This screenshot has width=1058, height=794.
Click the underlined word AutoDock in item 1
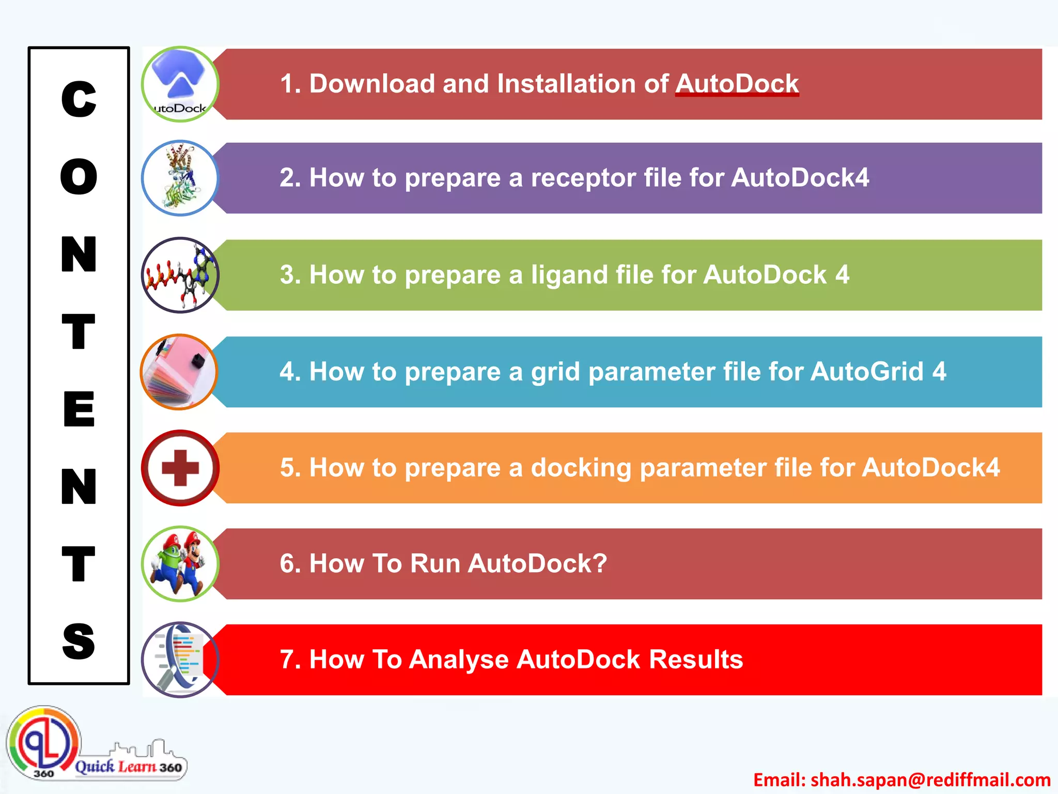[737, 84]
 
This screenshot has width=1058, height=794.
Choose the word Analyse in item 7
[459, 660]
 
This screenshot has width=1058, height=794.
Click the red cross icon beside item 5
[180, 468]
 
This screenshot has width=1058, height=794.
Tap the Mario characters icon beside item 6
[180, 563]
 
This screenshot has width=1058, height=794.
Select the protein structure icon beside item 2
[180, 178]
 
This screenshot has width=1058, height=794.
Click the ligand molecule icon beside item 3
[180, 275]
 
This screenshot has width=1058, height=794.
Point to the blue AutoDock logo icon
[180, 84]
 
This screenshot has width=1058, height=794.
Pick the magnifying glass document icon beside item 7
[180, 660]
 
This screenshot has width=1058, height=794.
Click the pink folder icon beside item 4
[179, 372]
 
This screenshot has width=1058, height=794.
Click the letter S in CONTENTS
[79, 641]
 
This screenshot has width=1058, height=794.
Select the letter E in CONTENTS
[79, 409]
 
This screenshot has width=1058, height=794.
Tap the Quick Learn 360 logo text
[128, 766]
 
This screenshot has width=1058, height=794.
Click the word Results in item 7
[695, 660]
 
